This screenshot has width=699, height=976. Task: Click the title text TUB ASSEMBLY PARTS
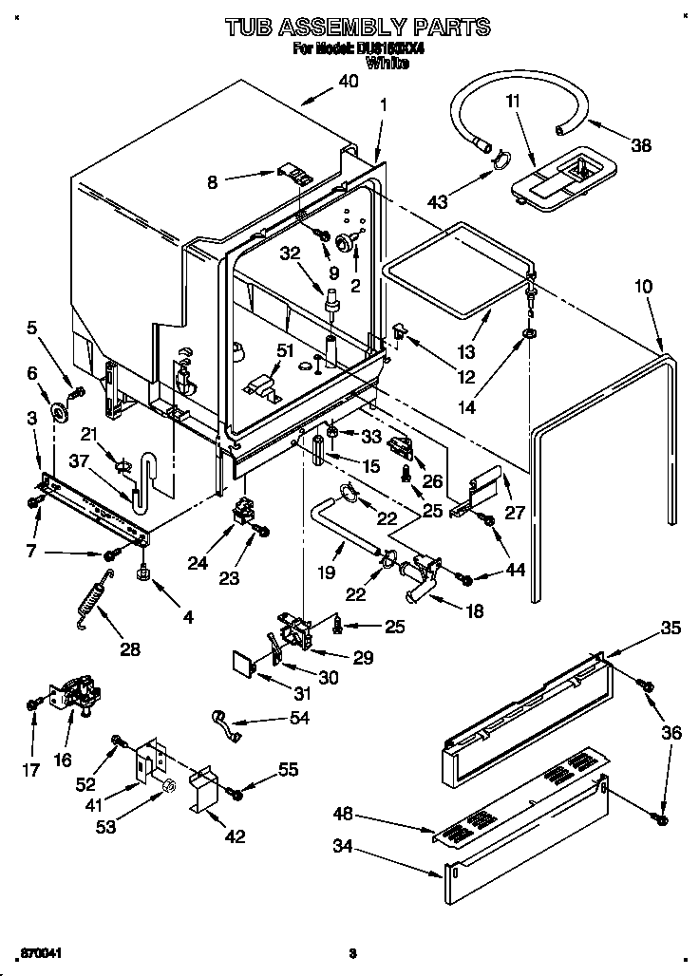tap(357, 27)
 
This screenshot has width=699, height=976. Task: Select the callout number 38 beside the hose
tap(642, 145)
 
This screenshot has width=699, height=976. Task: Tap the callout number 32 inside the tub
tap(291, 253)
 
